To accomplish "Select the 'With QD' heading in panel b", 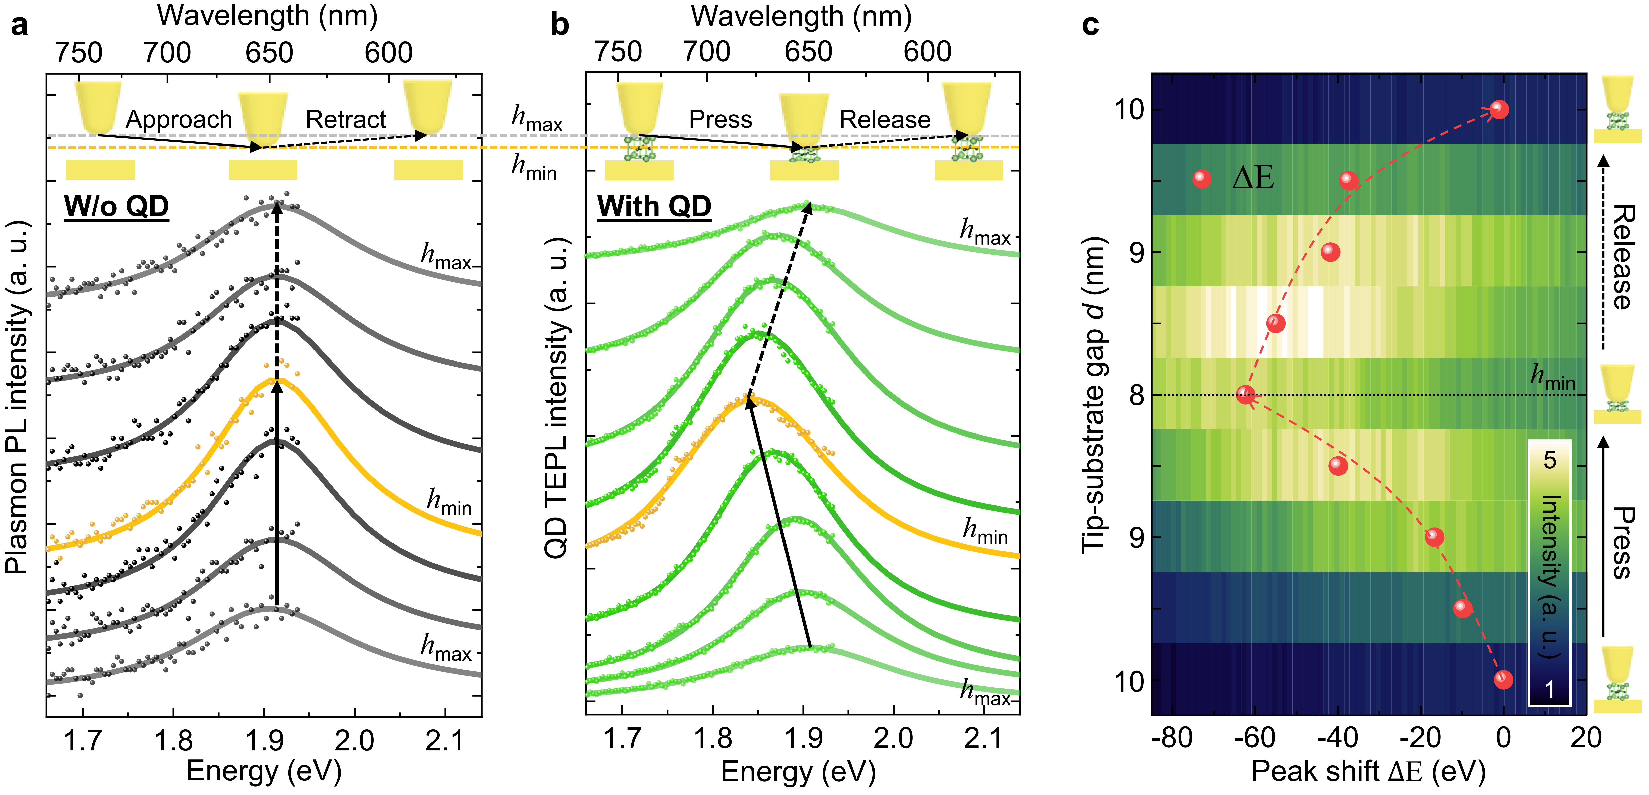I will click(x=654, y=207).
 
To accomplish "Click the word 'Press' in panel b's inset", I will click(x=720, y=120).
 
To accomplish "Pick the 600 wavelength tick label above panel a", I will click(x=388, y=52).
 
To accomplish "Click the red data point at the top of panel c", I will click(x=1499, y=109).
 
